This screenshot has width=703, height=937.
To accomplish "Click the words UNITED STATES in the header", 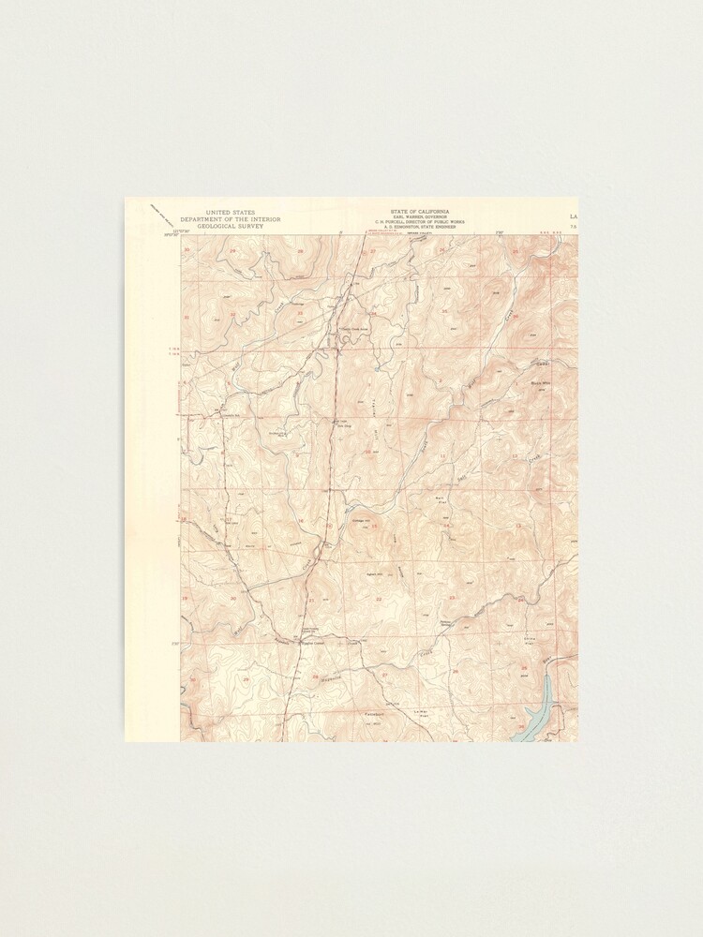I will point(230,213).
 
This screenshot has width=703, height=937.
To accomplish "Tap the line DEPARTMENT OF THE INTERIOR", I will point(230,219).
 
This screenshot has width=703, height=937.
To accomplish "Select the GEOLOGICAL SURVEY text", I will point(230,226).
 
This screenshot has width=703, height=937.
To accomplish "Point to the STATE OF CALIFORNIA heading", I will point(419,213).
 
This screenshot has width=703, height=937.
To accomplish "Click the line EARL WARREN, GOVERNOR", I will point(419,218).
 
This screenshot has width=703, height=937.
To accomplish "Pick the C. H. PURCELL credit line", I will point(419,223).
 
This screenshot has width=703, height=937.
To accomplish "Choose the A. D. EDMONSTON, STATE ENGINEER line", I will point(419,228).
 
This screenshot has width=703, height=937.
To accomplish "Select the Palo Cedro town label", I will point(310,643).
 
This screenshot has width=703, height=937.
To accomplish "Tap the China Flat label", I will point(528,643).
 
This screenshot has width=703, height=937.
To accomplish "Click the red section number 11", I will point(442,455).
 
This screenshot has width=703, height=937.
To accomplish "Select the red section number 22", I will point(379,598).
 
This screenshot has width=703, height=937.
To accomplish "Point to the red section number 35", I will point(442,310).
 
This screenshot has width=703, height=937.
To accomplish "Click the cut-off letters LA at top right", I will point(573,217).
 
